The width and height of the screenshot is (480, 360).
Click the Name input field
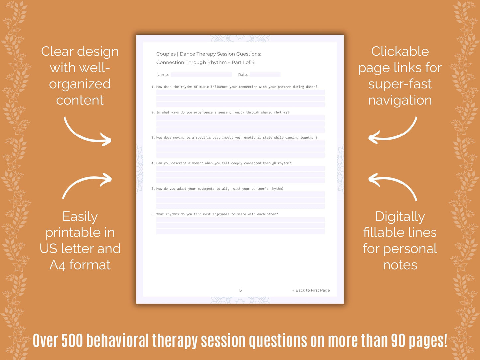coord(201,75)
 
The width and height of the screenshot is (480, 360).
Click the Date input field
coord(265,75)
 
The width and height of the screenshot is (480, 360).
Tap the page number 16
coord(240,290)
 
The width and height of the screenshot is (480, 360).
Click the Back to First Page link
coord(311,290)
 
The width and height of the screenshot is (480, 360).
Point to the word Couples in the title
coord(166,54)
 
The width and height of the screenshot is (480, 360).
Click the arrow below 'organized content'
coord(88,132)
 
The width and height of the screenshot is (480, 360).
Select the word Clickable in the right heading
coord(400,51)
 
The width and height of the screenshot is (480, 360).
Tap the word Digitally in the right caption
coord(400,217)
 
